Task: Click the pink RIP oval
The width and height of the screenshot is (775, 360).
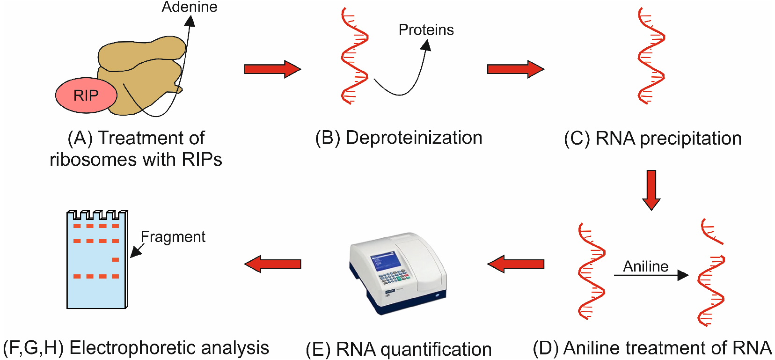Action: [x=86, y=95]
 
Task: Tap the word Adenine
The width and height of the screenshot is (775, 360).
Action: [x=190, y=7]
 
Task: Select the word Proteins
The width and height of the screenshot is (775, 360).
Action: [x=426, y=30]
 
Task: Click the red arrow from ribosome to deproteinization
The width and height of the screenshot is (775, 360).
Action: [x=273, y=69]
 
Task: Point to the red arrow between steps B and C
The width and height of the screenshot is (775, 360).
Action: [x=516, y=69]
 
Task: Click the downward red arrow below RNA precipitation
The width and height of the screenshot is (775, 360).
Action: [x=651, y=190]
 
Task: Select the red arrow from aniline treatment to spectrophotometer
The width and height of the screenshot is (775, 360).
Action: [x=516, y=264]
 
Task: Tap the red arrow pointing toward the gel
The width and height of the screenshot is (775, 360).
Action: [x=273, y=264]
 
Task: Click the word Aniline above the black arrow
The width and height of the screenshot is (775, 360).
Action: [x=646, y=266]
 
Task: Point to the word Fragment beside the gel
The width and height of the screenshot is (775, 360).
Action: [x=173, y=237]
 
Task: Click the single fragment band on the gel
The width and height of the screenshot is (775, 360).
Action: [x=115, y=260]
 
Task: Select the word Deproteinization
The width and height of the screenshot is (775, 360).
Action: [x=414, y=138]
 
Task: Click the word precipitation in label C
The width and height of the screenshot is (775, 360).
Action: [x=691, y=139]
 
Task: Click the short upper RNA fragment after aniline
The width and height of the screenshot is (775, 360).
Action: [x=712, y=231]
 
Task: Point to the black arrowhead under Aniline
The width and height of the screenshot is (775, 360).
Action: [x=683, y=275]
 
